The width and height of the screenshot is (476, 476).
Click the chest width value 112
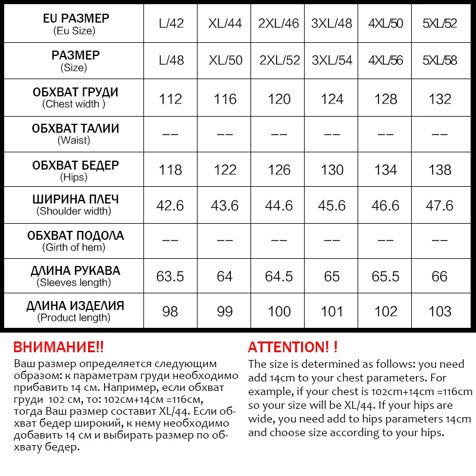[x=170, y=99]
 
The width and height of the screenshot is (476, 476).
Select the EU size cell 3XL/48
[x=332, y=24]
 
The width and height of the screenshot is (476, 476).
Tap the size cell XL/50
[x=225, y=61]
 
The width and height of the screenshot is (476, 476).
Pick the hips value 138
[x=440, y=170]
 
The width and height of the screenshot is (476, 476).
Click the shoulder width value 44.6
[x=278, y=206]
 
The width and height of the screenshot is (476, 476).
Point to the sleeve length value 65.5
[x=386, y=277]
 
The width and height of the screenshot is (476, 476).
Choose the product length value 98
[x=170, y=312]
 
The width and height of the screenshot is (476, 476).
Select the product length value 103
[x=440, y=312]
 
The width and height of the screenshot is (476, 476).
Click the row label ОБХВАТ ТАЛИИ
[x=75, y=129]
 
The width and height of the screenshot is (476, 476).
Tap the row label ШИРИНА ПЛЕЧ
[x=75, y=199]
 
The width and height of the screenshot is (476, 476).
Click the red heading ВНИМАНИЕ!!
[x=58, y=347]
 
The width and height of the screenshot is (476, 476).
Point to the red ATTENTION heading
[x=293, y=347]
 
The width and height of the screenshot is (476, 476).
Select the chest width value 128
[x=386, y=99]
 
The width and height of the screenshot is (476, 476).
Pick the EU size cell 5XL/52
[x=440, y=24]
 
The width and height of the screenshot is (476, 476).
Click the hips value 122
[x=225, y=170]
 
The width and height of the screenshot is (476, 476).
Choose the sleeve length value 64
[x=225, y=277]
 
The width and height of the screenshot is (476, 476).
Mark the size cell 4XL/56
[x=386, y=61]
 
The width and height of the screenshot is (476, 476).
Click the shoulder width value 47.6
[x=440, y=206]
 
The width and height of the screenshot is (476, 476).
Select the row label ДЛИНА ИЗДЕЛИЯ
[x=75, y=306]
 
